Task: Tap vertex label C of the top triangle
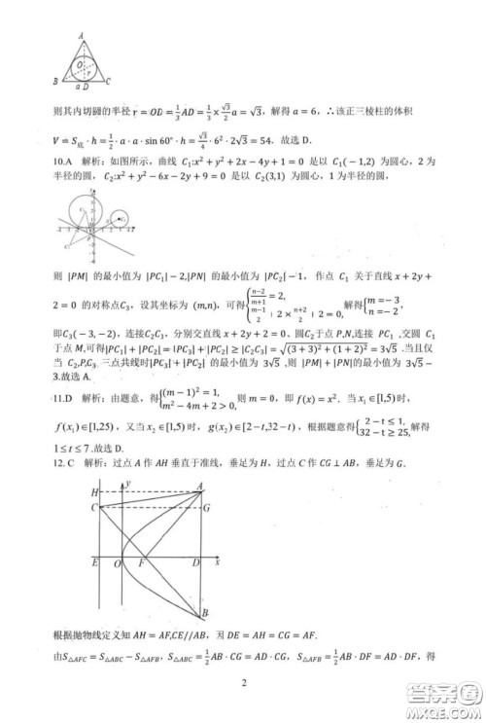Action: coord(109,82)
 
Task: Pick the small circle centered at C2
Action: coord(120,220)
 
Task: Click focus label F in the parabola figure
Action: coord(144,562)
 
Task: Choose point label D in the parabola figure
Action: coord(194,562)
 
